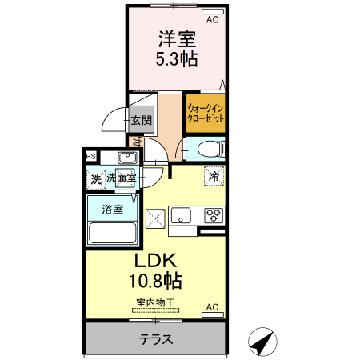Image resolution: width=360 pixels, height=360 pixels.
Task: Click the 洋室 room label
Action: click(x=177, y=38)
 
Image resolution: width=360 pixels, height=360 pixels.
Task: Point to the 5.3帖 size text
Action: click(x=177, y=58)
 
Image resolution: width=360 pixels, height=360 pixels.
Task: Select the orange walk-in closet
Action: click(x=205, y=112)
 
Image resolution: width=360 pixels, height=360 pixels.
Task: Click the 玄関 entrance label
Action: click(x=142, y=121)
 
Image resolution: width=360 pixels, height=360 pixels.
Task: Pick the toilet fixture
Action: click(x=207, y=148)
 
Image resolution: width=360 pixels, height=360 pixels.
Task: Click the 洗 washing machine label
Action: click(x=96, y=180)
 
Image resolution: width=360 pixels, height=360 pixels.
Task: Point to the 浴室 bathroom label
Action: click(x=112, y=210)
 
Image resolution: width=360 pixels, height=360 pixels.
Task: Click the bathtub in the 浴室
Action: click(x=112, y=233)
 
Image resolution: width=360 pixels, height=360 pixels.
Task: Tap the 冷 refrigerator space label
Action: click(x=214, y=176)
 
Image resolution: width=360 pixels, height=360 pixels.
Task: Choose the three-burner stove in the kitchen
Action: click(x=214, y=215)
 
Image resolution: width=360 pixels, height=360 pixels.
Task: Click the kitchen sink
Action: click(x=181, y=214)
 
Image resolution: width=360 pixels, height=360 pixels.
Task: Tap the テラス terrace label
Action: click(x=156, y=338)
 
